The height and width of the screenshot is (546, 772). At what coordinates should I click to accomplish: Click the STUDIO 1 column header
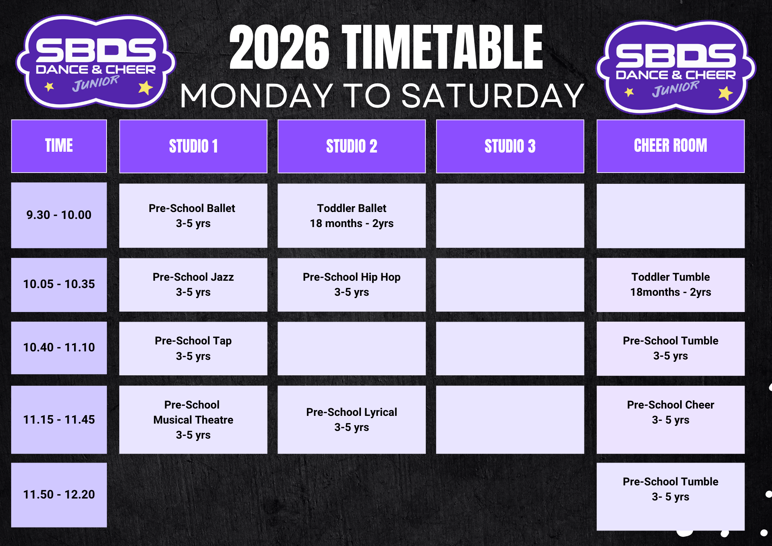(193, 146)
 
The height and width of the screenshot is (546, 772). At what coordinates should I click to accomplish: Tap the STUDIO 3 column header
(510, 146)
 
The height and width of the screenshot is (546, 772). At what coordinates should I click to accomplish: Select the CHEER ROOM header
(670, 146)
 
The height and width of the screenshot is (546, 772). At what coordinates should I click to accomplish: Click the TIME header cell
(59, 146)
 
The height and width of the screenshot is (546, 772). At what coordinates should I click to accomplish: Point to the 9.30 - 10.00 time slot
(59, 215)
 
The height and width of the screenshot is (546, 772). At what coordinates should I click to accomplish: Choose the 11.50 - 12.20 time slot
(59, 495)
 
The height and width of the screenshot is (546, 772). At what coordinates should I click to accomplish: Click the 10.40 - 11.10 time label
(59, 348)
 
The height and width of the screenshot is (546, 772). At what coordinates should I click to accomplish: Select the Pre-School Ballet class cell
(193, 215)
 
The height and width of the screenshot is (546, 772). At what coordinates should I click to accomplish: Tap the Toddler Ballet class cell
(352, 215)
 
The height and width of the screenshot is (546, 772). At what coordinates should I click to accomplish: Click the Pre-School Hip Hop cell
(352, 285)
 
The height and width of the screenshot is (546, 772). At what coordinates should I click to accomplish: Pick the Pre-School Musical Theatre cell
(193, 420)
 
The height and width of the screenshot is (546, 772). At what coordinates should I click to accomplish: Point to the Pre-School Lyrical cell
(352, 420)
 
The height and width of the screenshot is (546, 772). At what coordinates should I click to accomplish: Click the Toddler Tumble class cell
(670, 285)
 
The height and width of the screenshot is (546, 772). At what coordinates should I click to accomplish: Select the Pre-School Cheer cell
(670, 420)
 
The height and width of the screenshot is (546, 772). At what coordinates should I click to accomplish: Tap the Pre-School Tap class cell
(193, 348)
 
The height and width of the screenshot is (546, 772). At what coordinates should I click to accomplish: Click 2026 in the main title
(279, 47)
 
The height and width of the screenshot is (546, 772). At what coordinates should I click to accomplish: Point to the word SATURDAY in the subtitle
(493, 96)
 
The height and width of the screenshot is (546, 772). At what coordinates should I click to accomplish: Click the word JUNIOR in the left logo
(96, 83)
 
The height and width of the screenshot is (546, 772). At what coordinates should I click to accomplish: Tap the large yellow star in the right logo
(725, 93)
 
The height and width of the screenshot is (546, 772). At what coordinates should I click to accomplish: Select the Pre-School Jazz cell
(193, 285)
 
